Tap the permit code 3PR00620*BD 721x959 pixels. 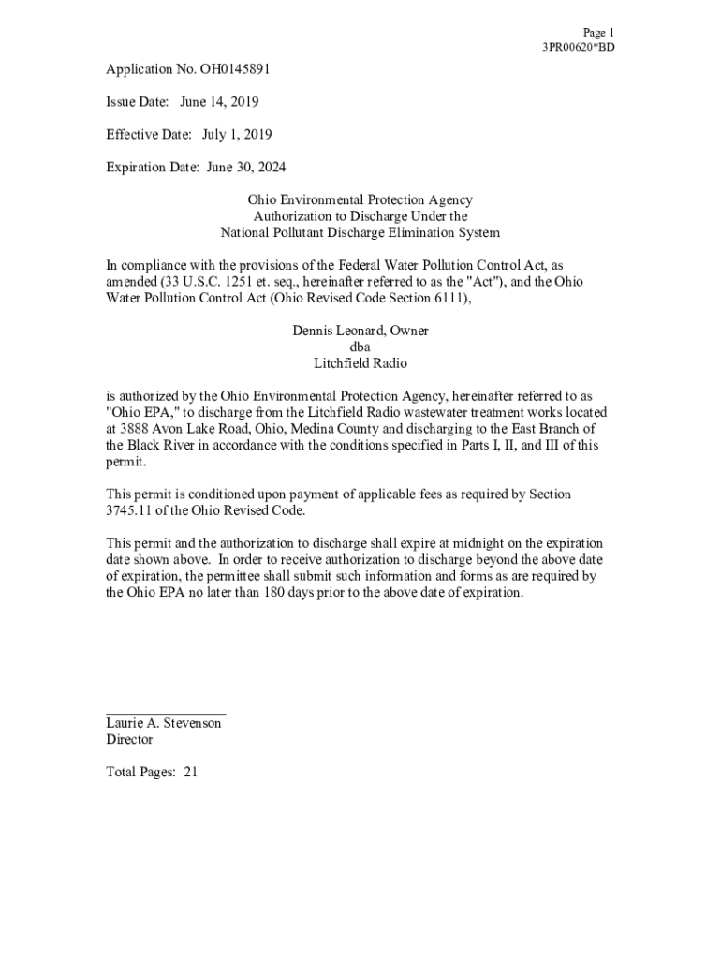pos(579,48)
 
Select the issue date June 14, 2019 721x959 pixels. pos(219,102)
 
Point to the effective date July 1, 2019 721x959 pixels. pos(237,135)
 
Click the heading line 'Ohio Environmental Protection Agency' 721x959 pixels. pos(360,200)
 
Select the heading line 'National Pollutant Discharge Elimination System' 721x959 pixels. pos(360,233)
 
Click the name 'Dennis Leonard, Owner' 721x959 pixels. pos(360,331)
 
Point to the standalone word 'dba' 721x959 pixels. pos(360,347)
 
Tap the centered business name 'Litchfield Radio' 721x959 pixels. pos(360,363)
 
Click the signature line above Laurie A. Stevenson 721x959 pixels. pos(166,715)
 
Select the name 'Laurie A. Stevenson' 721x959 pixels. pos(164,724)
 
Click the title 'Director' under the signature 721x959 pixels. pos(129,740)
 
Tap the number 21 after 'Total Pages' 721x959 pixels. pos(190,773)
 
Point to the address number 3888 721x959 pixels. pos(140,429)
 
